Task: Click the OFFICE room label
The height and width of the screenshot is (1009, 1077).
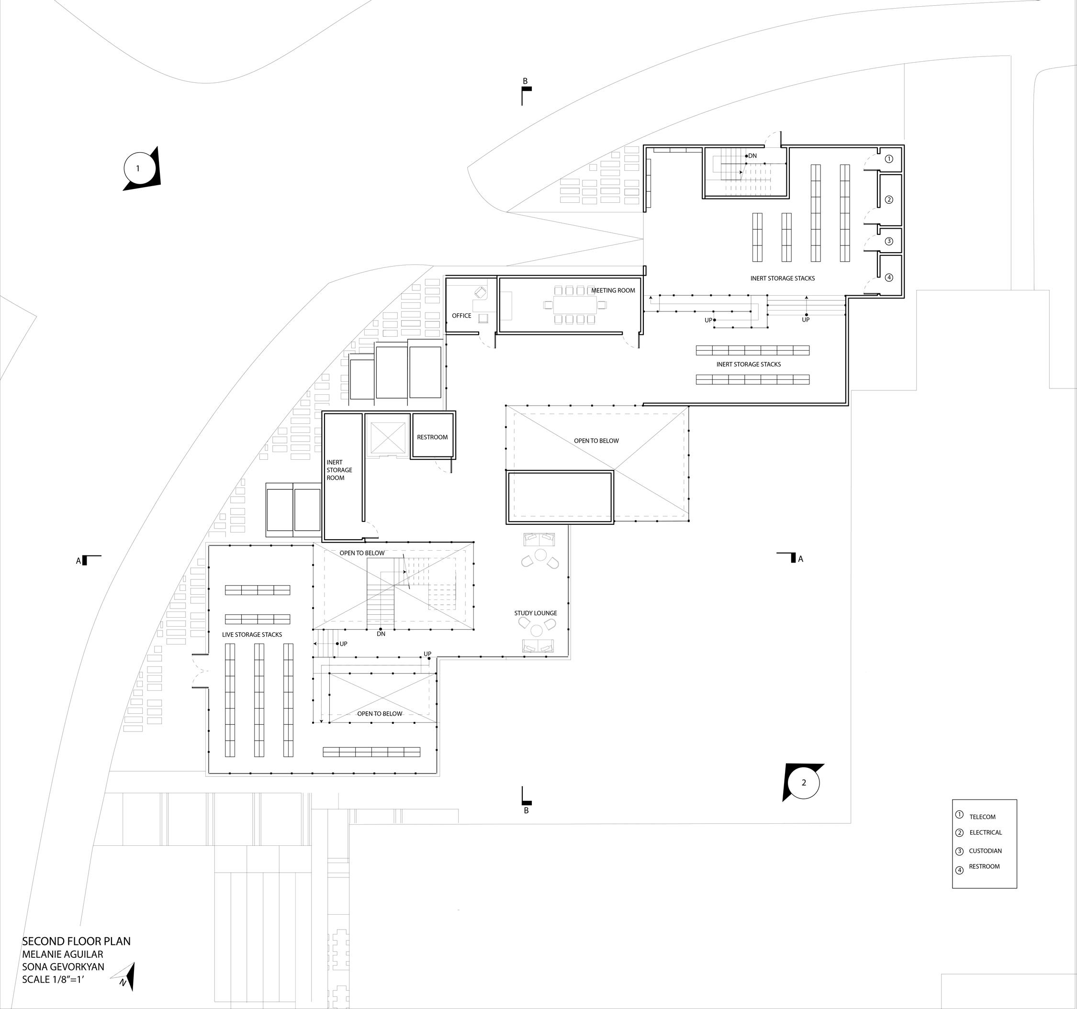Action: point(461,316)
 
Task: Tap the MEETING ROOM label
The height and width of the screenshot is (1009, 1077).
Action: point(613,290)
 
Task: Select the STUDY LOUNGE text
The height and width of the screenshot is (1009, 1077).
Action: point(535,613)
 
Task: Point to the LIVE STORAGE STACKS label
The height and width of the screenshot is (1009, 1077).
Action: point(252,634)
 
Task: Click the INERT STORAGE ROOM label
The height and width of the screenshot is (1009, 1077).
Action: point(339,470)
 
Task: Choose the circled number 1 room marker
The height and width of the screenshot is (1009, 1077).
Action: point(888,159)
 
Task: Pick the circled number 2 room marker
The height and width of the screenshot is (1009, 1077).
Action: point(888,200)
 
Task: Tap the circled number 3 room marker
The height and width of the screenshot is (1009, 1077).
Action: point(888,242)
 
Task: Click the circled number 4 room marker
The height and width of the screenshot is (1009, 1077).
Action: point(888,277)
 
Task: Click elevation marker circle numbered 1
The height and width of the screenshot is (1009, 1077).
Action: point(137,168)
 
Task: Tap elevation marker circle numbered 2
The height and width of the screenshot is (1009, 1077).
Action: point(803,783)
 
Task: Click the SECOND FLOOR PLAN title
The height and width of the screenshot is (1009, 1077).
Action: point(77,941)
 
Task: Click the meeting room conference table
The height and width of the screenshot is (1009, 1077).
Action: point(574,305)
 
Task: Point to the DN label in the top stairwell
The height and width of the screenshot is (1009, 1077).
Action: point(752,156)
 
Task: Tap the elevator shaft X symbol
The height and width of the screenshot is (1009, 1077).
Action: point(387,438)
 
